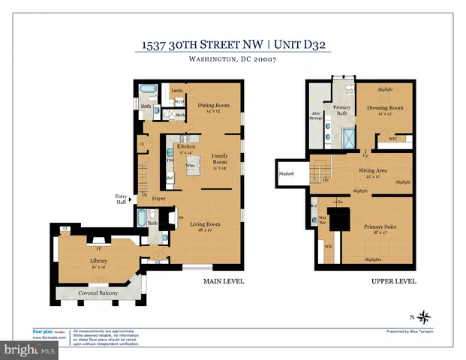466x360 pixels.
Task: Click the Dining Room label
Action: click(x=213, y=106)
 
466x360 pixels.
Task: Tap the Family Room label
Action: click(x=220, y=158)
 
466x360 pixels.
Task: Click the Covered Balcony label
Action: click(x=99, y=292)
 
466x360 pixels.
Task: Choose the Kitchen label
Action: click(x=186, y=147)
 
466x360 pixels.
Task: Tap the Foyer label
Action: click(x=158, y=199)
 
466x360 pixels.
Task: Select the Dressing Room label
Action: click(x=386, y=108)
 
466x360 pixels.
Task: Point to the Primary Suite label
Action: click(x=380, y=226)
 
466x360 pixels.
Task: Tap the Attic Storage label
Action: click(x=316, y=116)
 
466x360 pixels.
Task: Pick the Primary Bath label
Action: click(x=342, y=110)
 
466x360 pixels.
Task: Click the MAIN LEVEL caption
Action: click(x=224, y=281)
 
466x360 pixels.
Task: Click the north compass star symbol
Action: click(x=424, y=316)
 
